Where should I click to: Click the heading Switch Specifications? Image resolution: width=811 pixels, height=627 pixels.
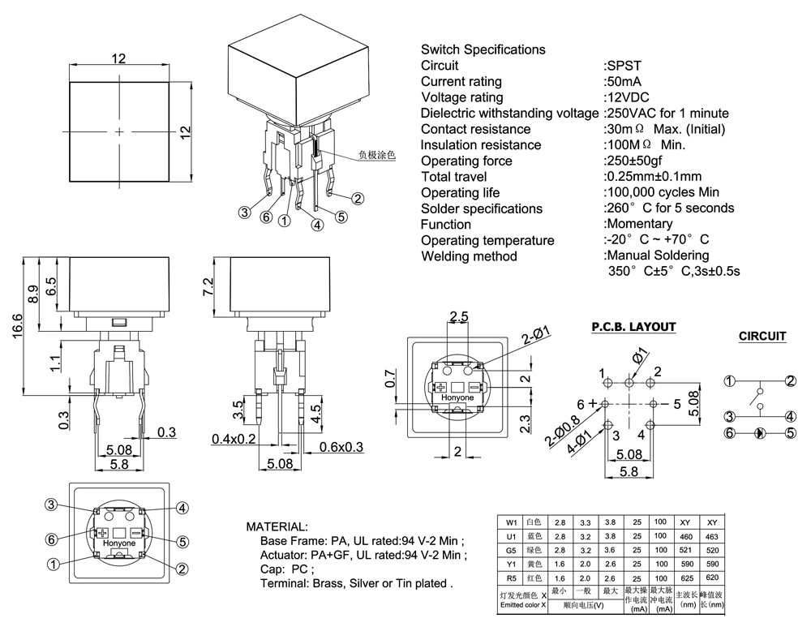click(x=483, y=49)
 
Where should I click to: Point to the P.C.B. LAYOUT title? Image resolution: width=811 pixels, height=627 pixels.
click(x=633, y=327)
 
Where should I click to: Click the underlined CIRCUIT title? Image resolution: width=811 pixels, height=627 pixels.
click(x=762, y=336)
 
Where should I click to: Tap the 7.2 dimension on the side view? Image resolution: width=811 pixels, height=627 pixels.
click(x=208, y=286)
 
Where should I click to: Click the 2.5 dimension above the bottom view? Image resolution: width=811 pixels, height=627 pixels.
click(x=459, y=317)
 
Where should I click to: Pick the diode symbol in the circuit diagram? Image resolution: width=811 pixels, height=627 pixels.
click(x=760, y=433)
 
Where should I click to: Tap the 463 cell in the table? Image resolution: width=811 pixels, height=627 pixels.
click(x=712, y=537)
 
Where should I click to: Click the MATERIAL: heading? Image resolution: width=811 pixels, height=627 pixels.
click(x=277, y=526)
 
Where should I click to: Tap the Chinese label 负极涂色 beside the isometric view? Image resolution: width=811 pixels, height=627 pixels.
click(x=377, y=153)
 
